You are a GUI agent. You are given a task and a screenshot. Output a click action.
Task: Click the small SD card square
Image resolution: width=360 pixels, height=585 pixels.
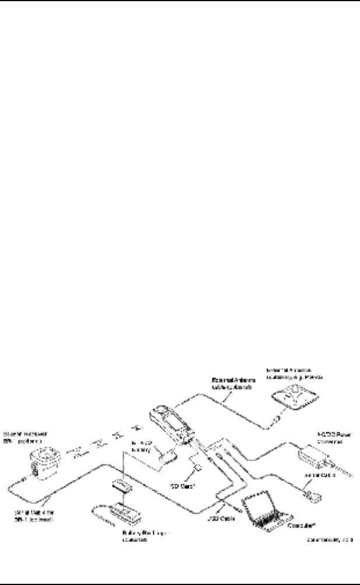click(x=199, y=467)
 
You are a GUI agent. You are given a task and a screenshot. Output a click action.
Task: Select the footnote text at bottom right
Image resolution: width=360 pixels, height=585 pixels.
click(x=329, y=541)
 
